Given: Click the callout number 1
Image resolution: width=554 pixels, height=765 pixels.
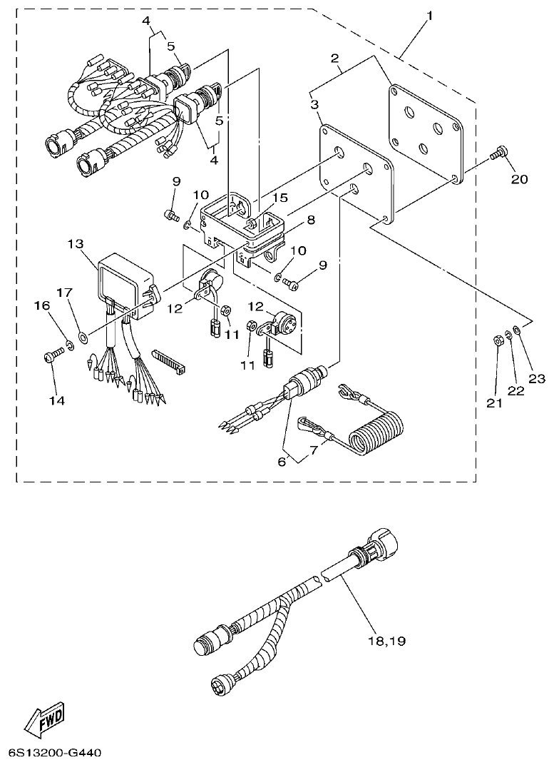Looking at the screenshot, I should (430, 15).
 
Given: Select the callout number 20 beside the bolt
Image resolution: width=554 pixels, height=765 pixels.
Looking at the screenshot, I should (519, 179).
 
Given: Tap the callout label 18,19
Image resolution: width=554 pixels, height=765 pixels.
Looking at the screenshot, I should (387, 640).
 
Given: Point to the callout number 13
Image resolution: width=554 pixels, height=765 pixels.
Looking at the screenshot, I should (76, 245).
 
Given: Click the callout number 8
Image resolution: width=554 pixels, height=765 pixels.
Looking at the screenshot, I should (311, 221).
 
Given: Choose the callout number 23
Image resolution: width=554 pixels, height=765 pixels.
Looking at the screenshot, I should (536, 378).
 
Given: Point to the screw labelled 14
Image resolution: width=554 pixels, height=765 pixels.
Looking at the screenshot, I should (52, 355).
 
